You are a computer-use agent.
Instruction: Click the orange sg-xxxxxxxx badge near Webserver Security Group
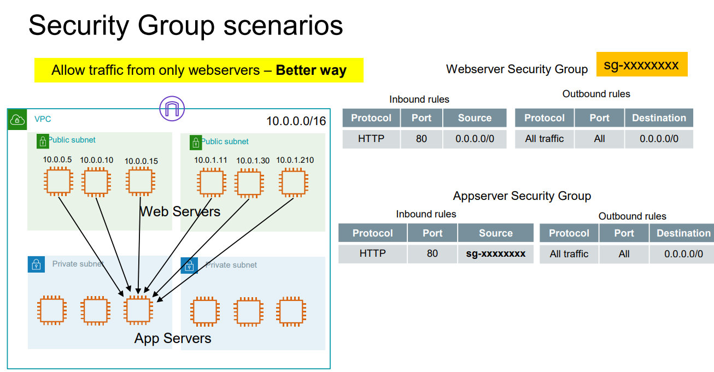641,65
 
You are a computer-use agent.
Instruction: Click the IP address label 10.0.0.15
141,161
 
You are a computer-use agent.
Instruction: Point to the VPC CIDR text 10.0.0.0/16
296,121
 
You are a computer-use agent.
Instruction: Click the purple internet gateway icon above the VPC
172,108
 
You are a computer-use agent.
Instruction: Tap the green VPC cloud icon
17,119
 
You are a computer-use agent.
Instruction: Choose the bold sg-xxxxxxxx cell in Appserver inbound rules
495,253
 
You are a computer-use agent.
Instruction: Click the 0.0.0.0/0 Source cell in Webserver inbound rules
475,139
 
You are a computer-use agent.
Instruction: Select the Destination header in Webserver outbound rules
658,118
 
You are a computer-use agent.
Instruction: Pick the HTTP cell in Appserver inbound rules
372,253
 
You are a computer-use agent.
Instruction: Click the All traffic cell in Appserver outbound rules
569,254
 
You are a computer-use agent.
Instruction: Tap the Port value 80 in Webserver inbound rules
421,139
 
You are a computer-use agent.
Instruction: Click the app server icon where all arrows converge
138,310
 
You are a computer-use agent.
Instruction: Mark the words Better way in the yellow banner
311,70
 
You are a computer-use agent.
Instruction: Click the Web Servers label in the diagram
180,211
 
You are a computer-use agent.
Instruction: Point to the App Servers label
173,338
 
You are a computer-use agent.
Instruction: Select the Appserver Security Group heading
522,196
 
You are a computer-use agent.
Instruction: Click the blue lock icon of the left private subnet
36,264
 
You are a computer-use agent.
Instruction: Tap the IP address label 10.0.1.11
210,160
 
